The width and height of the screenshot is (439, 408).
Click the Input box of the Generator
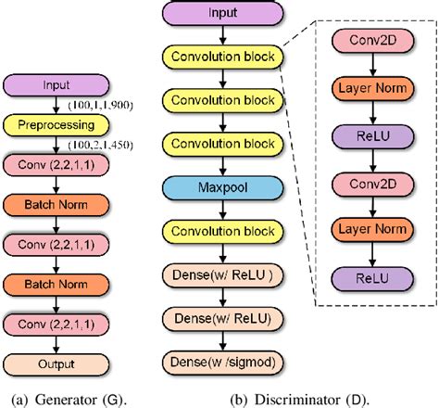[56, 84]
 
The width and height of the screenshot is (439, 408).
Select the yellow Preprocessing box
[56, 123]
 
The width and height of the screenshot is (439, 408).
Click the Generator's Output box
[56, 363]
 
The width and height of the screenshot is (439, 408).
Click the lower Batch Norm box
[56, 284]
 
